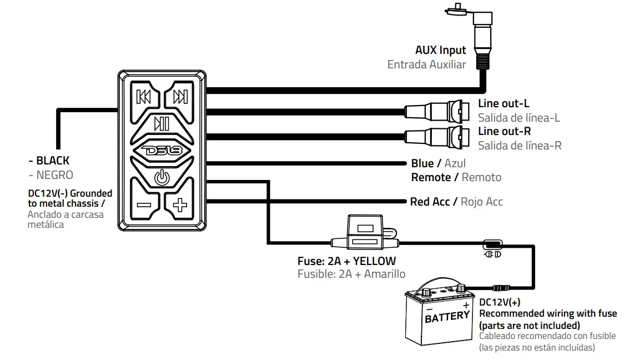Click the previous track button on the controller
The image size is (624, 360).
[144, 96]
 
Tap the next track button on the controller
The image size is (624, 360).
[180, 96]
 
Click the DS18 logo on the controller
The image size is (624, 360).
[162, 151]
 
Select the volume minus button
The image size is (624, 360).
[144, 204]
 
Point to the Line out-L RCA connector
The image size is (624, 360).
[438, 111]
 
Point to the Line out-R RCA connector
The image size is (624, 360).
[438, 137]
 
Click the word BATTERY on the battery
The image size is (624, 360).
[447, 316]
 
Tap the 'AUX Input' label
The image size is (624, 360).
[440, 51]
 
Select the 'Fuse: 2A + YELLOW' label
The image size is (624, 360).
[346, 261]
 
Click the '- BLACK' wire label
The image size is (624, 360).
[49, 161]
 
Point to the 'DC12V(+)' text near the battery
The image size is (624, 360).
[500, 302]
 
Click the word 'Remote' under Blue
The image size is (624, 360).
[431, 177]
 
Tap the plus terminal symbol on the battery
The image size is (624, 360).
[465, 306]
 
